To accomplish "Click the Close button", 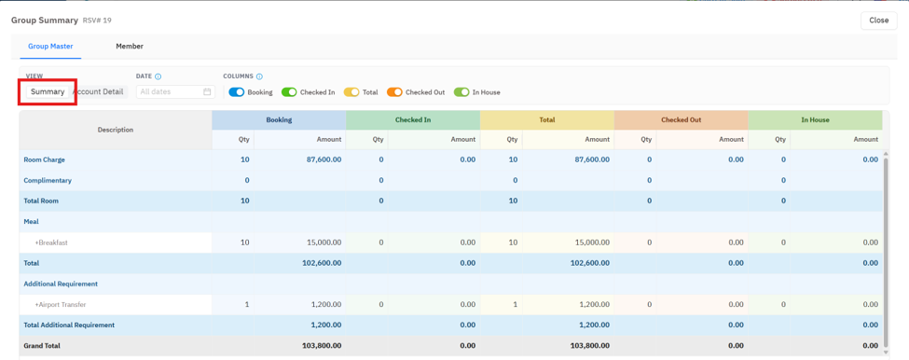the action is pos(878,21).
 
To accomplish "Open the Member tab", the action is pos(130,47).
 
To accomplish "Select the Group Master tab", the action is pos(50,47).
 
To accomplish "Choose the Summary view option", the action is pos(48,91).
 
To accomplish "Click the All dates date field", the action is pos(175,91).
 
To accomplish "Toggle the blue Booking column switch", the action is pos(237,92).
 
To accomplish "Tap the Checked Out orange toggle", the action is pos(394,92).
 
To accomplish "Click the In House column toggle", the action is pos(461,92).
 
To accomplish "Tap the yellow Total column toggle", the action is pos(351,92).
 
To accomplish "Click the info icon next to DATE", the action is pos(158,76).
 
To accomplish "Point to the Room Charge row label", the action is pos(44,159).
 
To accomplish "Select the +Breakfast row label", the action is pos(51,242).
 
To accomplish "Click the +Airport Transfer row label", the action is pos(61,304).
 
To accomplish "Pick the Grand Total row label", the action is pos(42,346).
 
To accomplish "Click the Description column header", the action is pos(116,130).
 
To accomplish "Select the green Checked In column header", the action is pos(413,120).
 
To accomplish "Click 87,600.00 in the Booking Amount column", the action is pos(324,159).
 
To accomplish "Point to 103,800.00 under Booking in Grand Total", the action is pos(322,346).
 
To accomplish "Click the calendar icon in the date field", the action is pos(207,91).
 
